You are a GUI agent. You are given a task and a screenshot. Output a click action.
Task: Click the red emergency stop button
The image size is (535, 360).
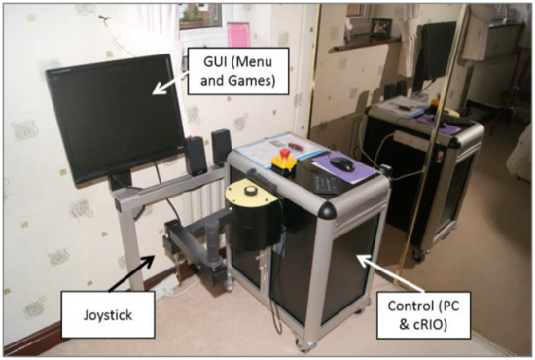click(286, 153)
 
